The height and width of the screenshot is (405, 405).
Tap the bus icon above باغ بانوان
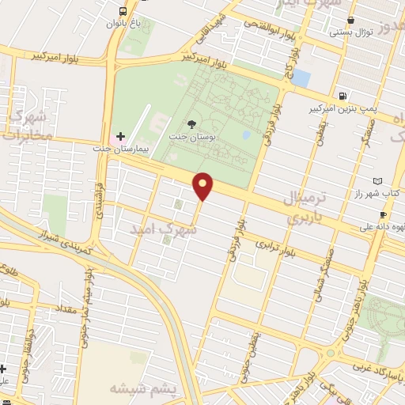click(x=122, y=11)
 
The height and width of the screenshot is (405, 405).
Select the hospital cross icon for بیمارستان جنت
click(x=119, y=136)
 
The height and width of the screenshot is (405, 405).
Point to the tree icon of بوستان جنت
click(x=191, y=123)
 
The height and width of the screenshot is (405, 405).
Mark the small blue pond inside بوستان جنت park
click(x=246, y=135)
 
